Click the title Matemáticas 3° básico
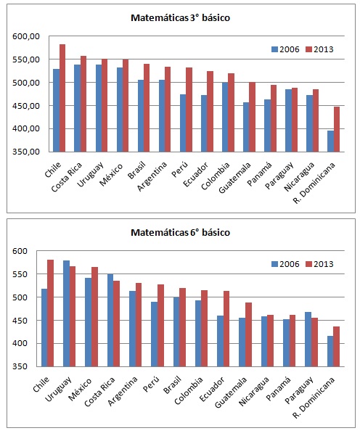point(180,17)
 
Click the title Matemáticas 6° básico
point(180,232)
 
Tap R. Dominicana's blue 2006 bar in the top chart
point(331,141)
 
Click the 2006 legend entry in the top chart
point(285,49)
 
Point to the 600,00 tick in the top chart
point(25,36)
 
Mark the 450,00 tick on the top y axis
point(25,106)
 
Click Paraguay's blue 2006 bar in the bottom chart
point(309,339)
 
